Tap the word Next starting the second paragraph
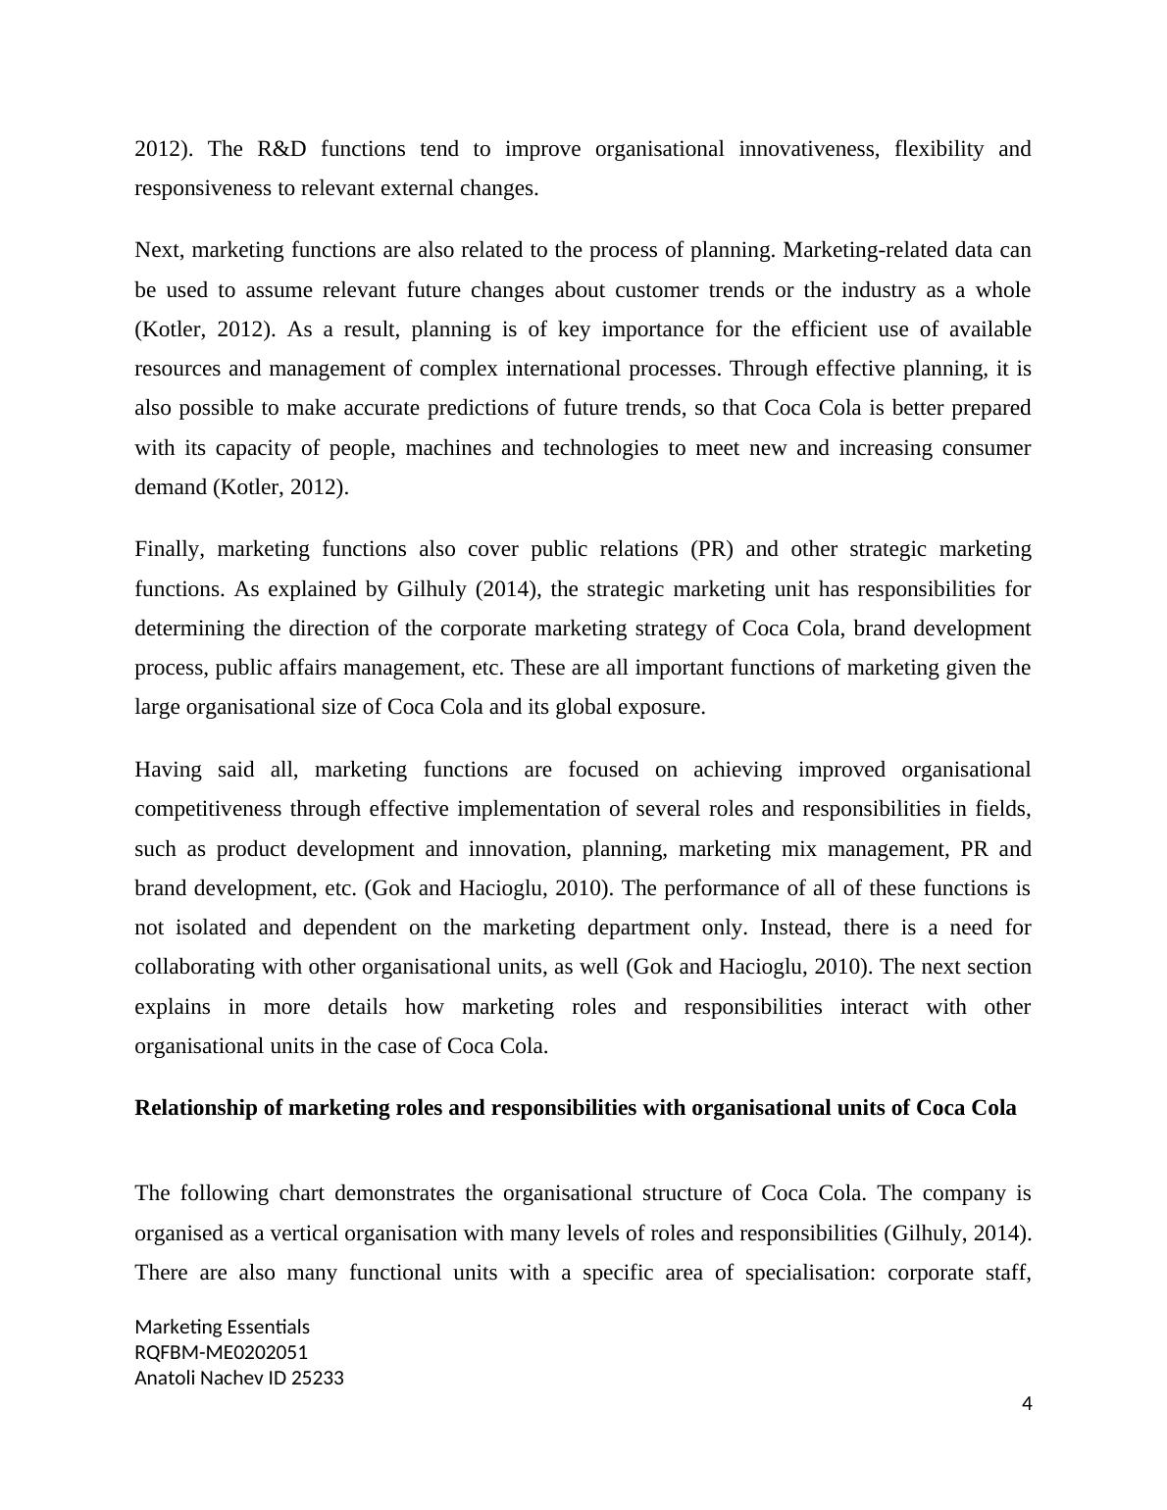tap(160, 250)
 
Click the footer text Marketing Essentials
tap(222, 1327)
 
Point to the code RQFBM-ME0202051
tap(221, 1352)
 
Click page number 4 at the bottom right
tap(1027, 1404)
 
